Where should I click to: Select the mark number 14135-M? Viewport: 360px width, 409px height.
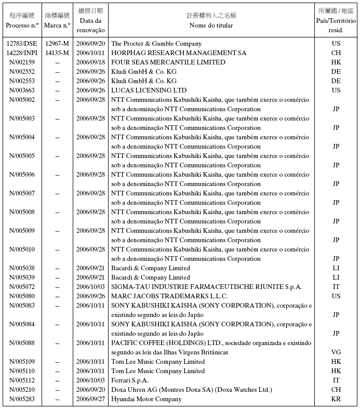57,53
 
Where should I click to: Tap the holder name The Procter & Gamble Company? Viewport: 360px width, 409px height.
156,44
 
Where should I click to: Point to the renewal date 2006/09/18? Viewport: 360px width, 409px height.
91,62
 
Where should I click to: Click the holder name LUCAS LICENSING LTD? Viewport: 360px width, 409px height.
149,90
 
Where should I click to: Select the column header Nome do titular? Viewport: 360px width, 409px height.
211,25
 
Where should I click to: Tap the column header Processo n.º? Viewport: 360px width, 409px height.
22,25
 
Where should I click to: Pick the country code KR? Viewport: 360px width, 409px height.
336,399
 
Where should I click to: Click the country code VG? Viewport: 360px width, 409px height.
336,352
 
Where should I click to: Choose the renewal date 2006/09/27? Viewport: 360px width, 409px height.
91,399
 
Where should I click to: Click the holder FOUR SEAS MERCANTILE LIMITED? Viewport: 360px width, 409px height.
168,62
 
